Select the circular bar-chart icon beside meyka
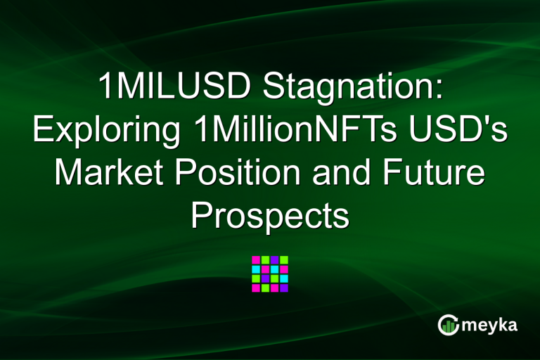click(449, 324)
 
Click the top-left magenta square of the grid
click(256, 259)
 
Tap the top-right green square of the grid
click(284, 259)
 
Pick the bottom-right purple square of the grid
click(284, 288)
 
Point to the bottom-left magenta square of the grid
click(256, 288)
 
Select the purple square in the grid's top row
click(275, 259)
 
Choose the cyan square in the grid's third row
click(284, 278)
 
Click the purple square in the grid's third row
click(266, 278)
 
